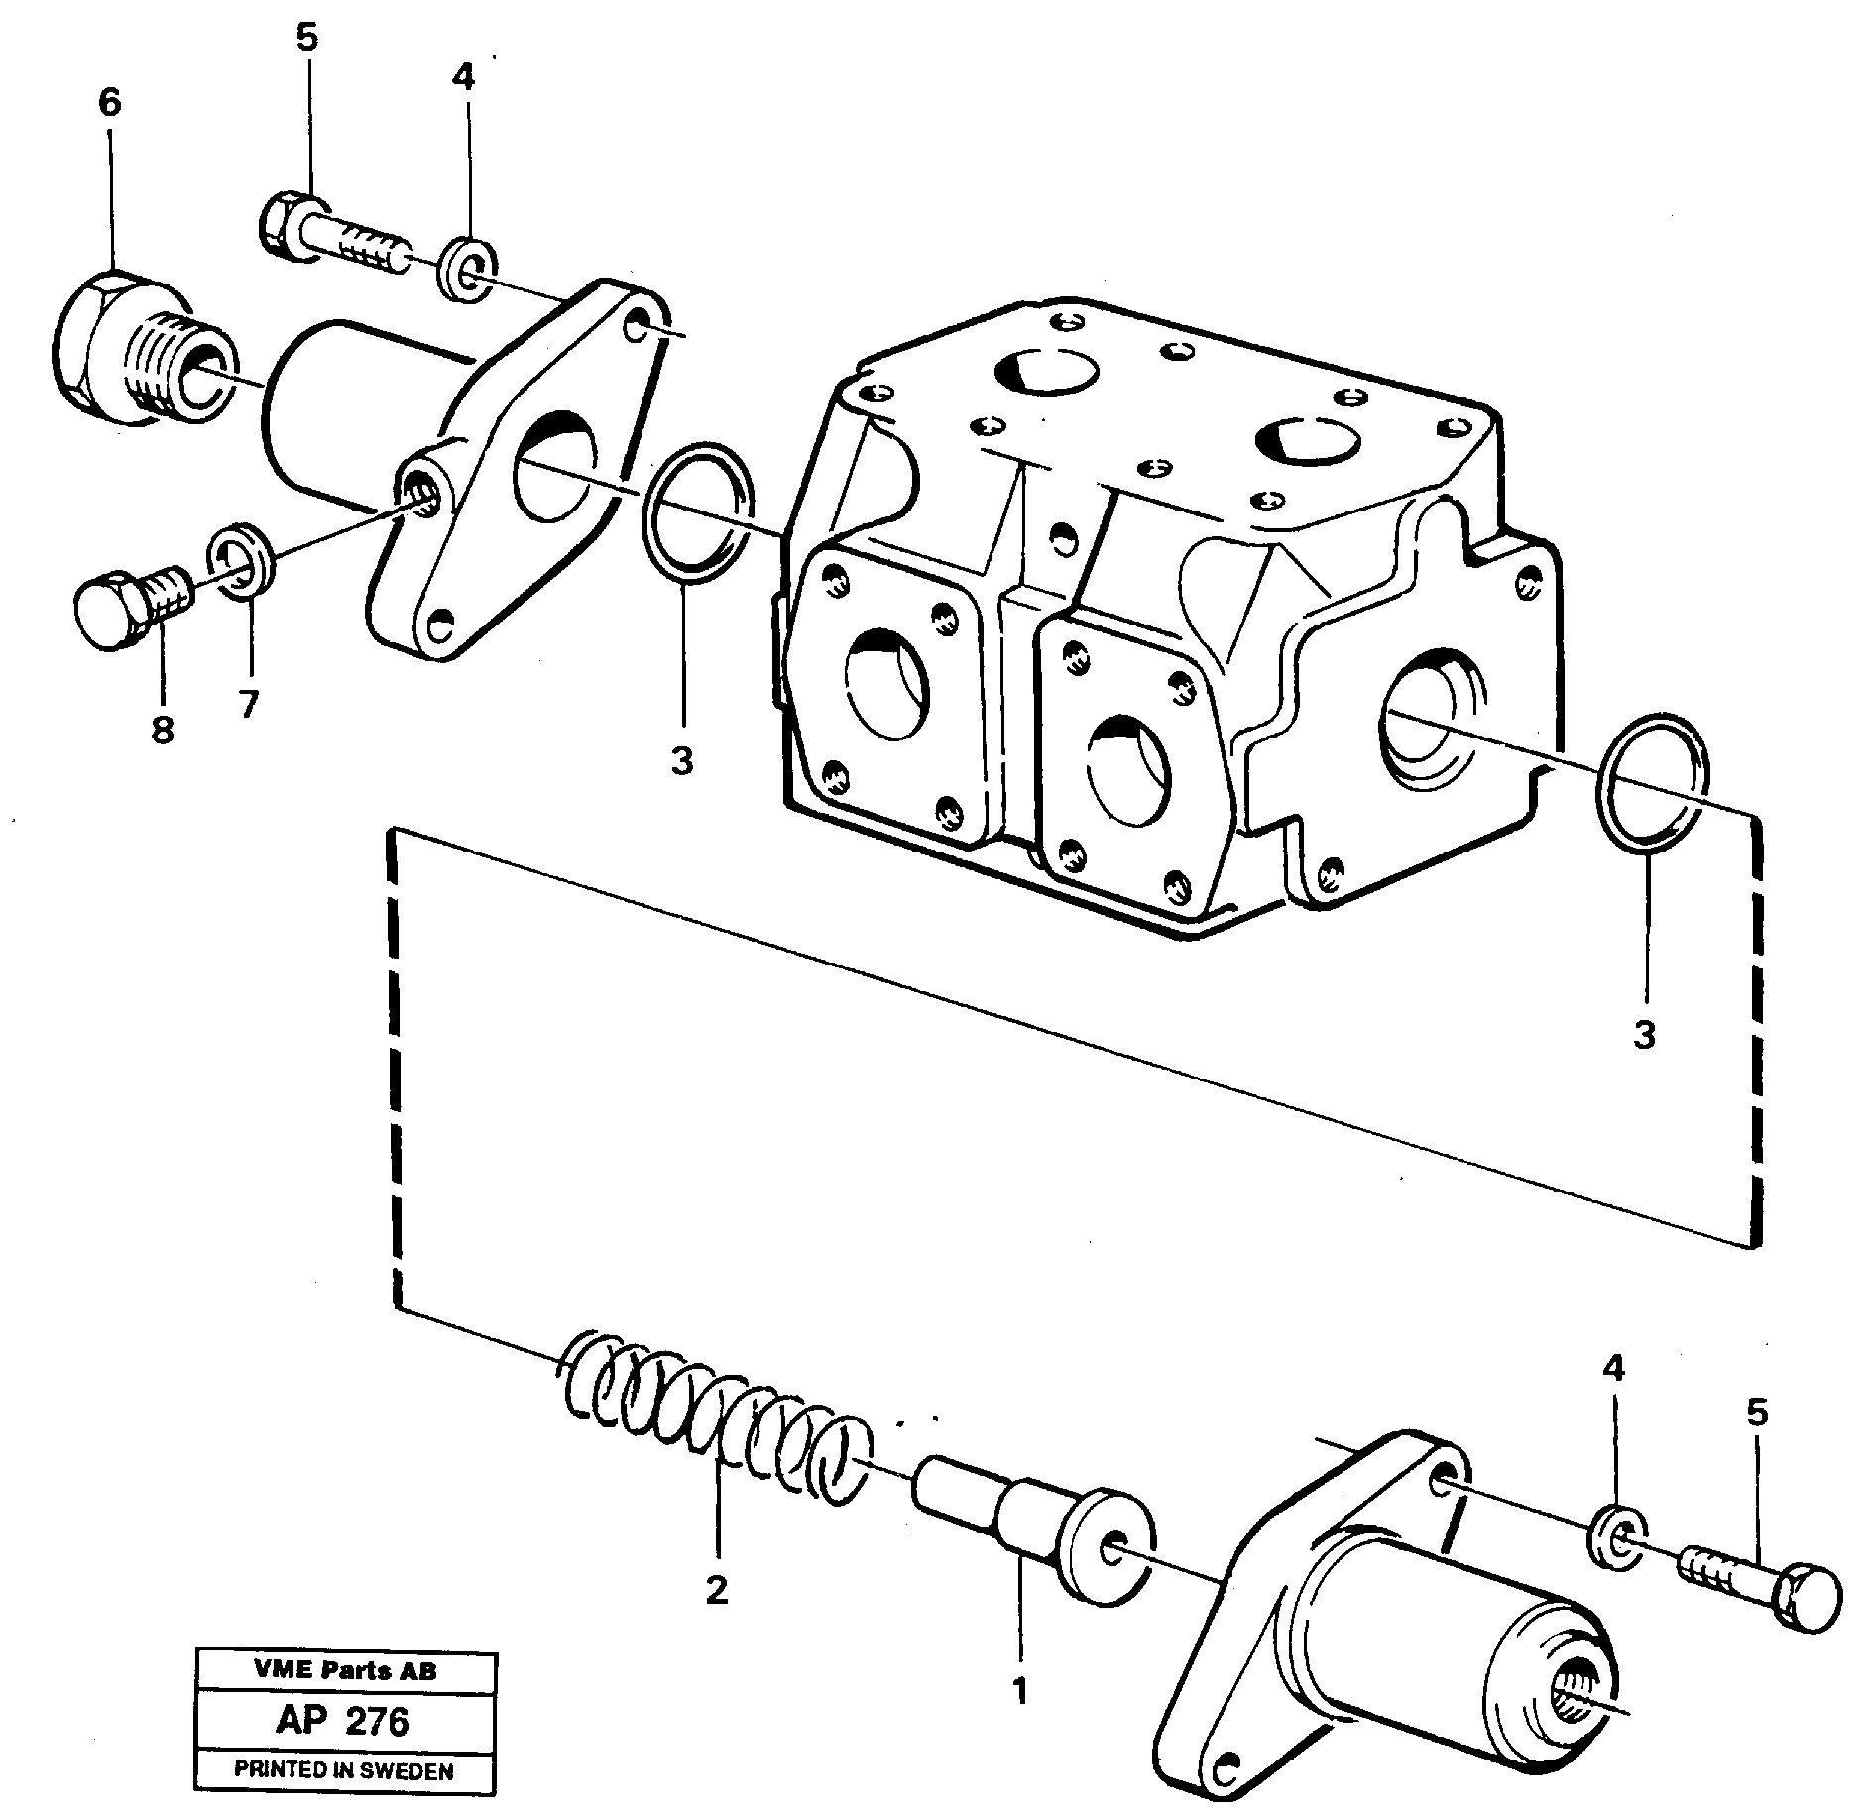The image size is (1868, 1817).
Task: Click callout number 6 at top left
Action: [109, 102]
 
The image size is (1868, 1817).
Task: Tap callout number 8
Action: [163, 730]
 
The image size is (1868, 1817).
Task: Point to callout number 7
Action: [247, 705]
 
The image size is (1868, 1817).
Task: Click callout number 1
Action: [1019, 1688]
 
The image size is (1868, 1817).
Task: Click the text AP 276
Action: [343, 1722]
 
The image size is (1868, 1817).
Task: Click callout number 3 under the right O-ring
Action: [1644, 1036]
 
